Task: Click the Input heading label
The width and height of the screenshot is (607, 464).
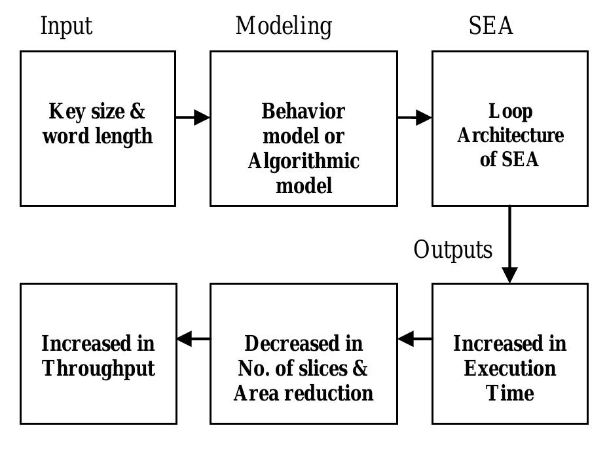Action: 66,26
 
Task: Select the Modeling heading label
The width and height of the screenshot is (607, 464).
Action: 284,26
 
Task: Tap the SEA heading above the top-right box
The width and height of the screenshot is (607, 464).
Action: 490,26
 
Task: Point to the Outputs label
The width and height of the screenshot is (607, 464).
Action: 452,250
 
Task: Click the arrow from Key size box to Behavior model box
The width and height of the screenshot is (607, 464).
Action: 193,118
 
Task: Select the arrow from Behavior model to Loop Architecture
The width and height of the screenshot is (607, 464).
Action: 414,118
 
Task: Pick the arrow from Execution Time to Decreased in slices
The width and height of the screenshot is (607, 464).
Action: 414,339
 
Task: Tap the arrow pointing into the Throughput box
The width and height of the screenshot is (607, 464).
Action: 193,339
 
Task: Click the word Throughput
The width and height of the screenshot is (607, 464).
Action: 98,368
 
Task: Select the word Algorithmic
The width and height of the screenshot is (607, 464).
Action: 303,161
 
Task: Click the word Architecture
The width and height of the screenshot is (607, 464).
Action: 510,135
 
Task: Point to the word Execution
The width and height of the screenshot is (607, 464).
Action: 510,368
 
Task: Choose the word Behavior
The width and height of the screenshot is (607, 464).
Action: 303,111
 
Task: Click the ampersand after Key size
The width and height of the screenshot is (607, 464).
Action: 137,111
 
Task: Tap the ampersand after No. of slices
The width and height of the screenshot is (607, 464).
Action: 360,368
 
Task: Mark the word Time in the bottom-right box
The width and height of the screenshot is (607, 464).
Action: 509,393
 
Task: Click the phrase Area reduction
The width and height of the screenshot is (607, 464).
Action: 303,393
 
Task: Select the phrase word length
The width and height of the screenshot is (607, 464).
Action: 98,136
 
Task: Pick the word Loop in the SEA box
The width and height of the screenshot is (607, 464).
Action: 510,111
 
